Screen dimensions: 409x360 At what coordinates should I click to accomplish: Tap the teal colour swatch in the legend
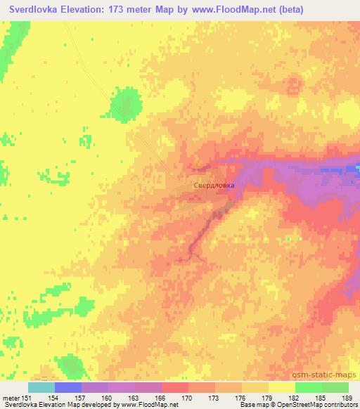[41, 387]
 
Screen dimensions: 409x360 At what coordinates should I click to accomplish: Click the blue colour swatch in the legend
[68, 387]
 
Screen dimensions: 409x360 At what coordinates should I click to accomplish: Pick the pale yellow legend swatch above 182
[282, 387]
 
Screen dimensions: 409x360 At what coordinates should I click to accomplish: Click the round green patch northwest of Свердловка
[124, 103]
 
